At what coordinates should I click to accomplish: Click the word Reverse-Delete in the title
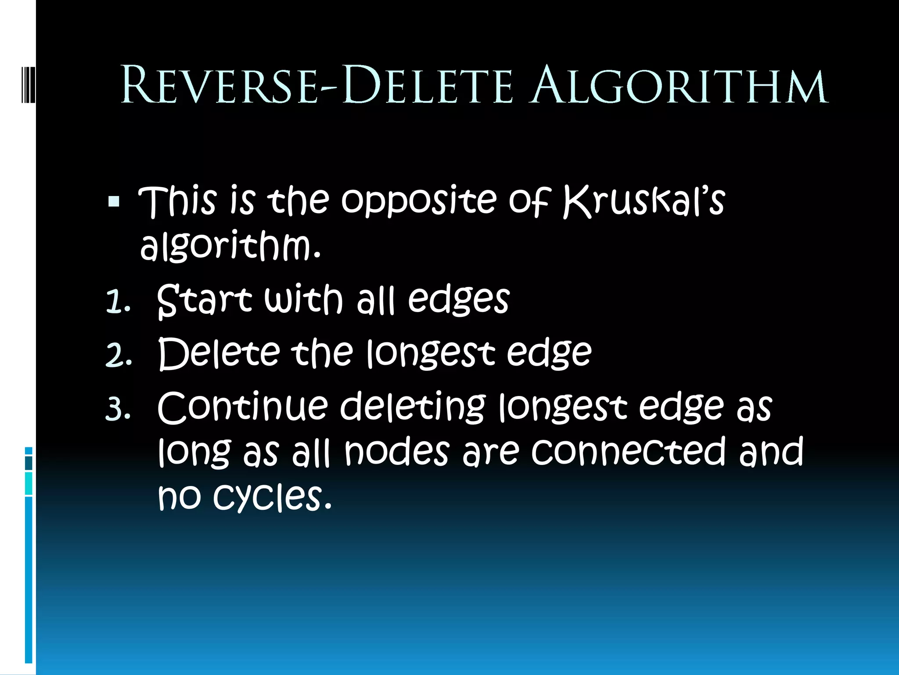[316, 85]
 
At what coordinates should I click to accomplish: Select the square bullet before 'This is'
[114, 201]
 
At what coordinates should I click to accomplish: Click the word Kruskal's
[644, 201]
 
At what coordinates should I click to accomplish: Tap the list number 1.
[118, 303]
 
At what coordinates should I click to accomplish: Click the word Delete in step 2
[219, 354]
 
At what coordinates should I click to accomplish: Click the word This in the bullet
[178, 201]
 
